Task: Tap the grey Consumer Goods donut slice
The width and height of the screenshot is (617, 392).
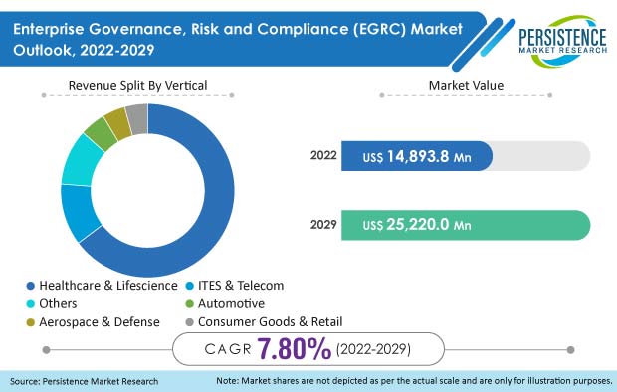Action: click(137, 118)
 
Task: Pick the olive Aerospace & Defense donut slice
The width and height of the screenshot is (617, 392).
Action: click(117, 124)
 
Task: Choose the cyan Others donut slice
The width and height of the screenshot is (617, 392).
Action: click(79, 160)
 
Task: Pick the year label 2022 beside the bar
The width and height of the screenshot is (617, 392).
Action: click(324, 155)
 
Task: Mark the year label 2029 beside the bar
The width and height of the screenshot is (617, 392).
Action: click(324, 225)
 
